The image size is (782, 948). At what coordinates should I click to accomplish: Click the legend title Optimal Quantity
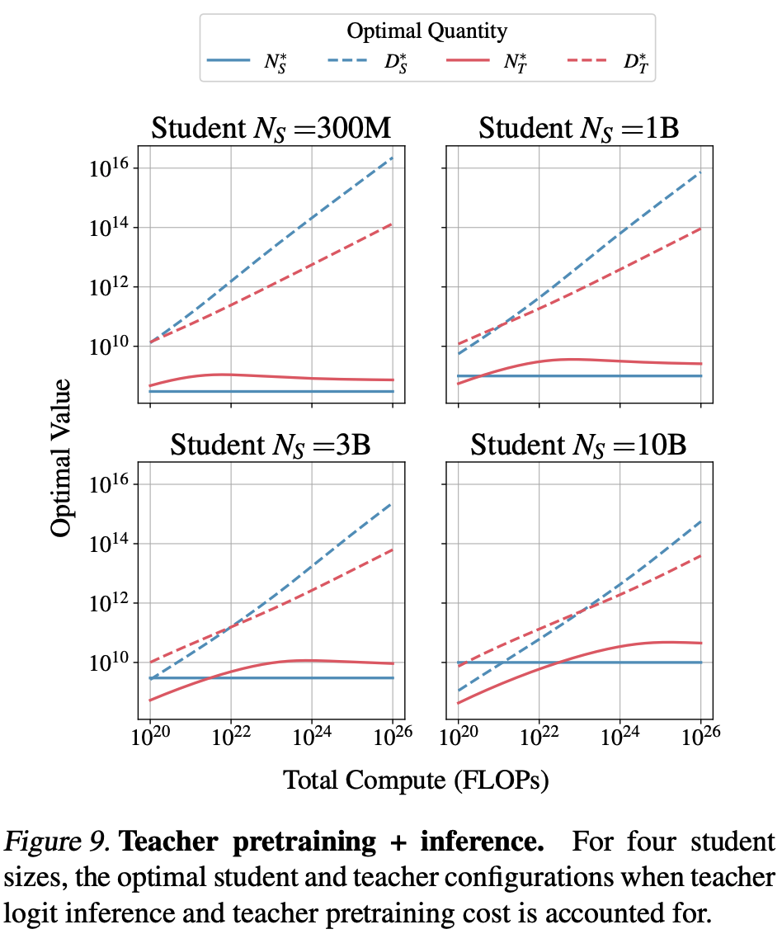(x=426, y=32)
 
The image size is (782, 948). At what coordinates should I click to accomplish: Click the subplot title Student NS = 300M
(x=271, y=129)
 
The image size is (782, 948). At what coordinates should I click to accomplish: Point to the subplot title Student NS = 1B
(x=579, y=129)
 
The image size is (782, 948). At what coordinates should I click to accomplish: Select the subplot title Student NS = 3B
(x=271, y=445)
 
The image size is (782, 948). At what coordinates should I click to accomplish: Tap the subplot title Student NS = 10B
(x=579, y=445)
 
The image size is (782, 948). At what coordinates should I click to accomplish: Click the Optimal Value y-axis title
(x=62, y=458)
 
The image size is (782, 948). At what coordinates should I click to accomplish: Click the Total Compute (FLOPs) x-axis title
(x=416, y=779)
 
